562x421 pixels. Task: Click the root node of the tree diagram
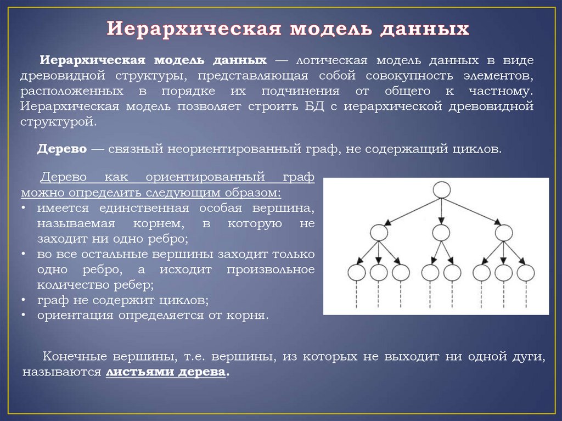coord(441,190)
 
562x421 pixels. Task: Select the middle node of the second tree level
coord(440,233)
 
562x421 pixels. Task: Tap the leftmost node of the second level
coord(379,233)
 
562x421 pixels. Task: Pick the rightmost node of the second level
coord(503,233)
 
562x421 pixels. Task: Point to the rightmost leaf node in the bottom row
coord(526,273)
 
